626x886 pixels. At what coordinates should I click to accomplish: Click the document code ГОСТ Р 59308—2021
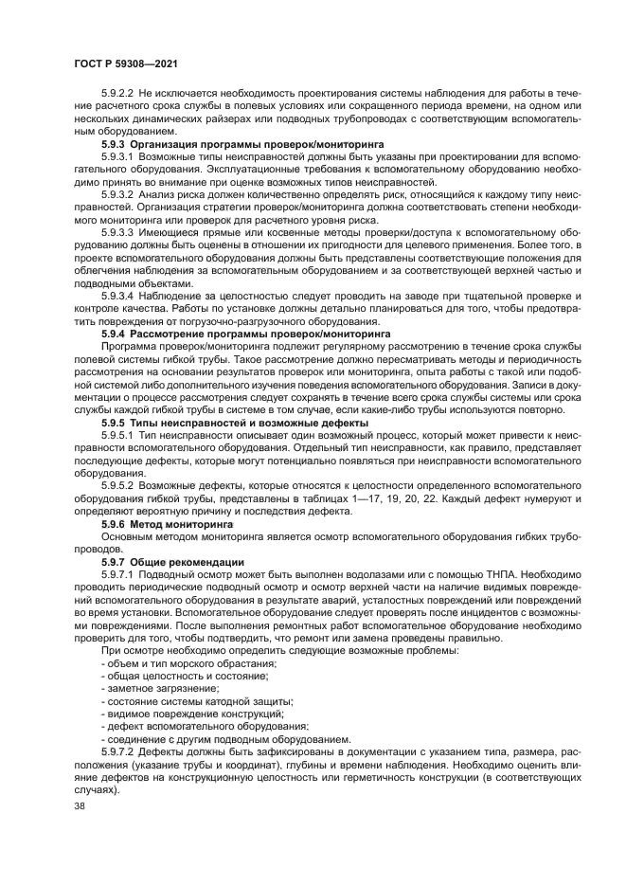click(127, 63)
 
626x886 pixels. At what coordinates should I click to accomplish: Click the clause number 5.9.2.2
click(117, 93)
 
